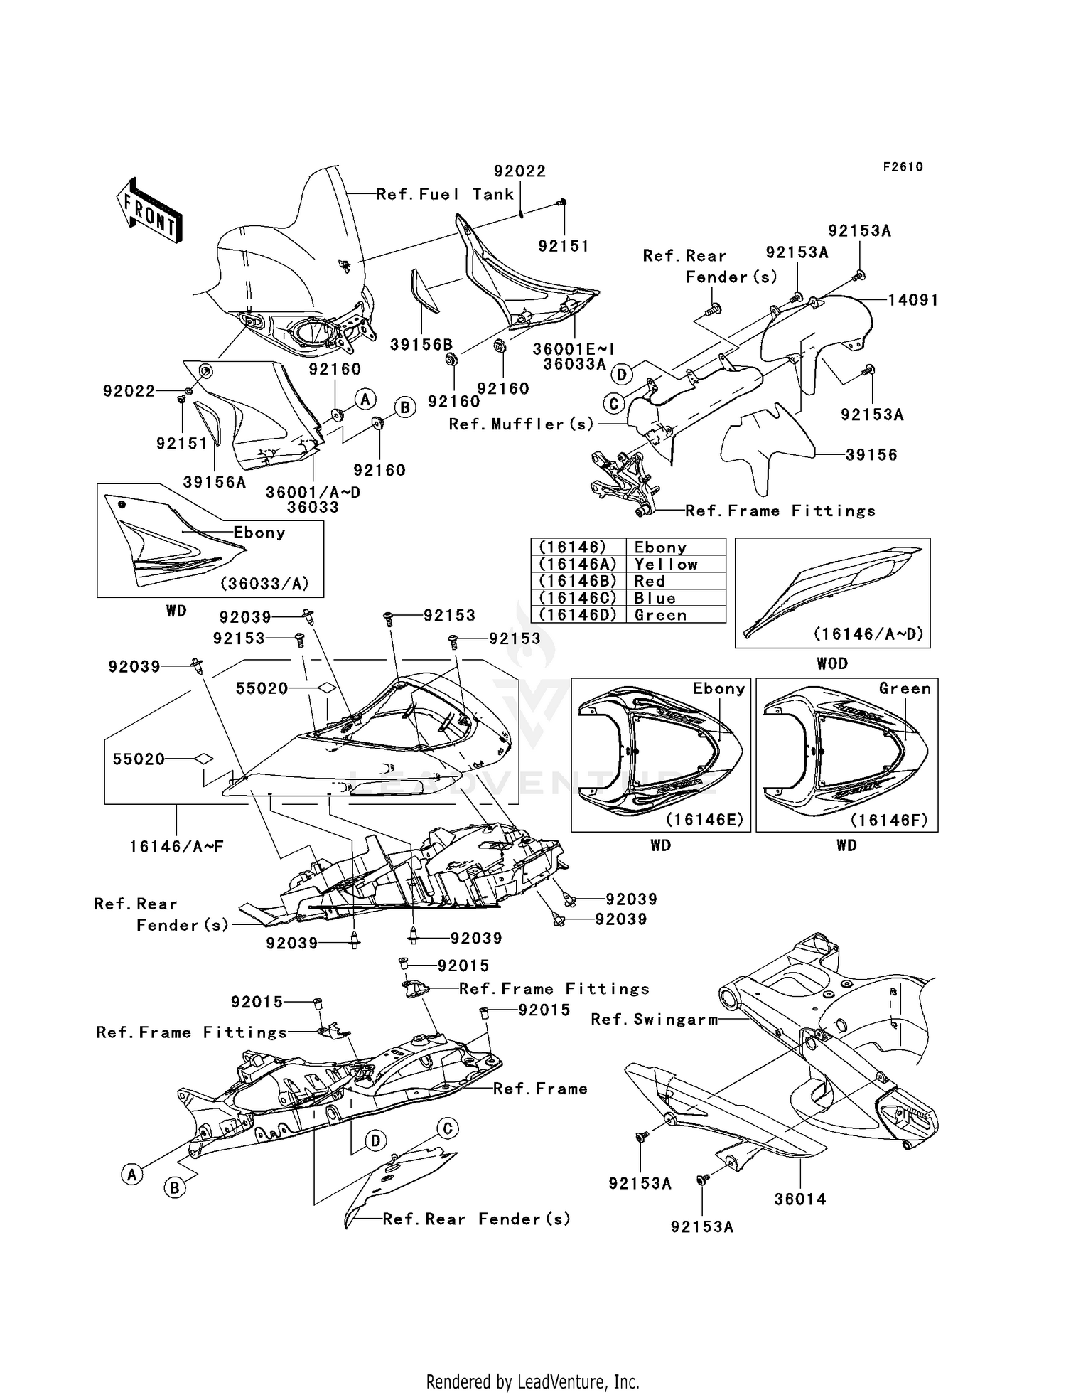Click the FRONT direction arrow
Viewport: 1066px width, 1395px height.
click(x=150, y=210)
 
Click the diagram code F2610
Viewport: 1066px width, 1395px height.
click(x=903, y=167)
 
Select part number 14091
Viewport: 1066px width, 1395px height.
click(x=913, y=300)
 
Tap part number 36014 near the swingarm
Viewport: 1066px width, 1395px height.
click(x=799, y=1199)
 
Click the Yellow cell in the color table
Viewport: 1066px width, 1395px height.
click(x=666, y=565)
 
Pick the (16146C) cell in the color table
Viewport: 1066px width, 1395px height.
click(x=578, y=598)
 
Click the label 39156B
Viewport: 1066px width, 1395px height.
click(x=421, y=345)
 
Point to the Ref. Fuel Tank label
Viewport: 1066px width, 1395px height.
click(x=445, y=194)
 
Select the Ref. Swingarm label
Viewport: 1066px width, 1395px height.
click(x=655, y=1020)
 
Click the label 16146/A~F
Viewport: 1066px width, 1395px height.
click(x=176, y=847)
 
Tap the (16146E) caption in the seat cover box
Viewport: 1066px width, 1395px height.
click(x=704, y=820)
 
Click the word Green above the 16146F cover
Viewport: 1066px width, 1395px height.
click(x=904, y=688)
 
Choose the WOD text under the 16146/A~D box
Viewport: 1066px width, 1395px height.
click(x=832, y=663)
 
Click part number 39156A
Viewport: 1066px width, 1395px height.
click(x=215, y=482)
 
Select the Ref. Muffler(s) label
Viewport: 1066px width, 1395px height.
click(x=521, y=424)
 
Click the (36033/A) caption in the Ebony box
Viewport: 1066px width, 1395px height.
click(x=264, y=584)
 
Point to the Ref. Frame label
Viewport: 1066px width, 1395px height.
click(x=540, y=1089)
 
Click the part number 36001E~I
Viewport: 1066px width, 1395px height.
click(x=574, y=349)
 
